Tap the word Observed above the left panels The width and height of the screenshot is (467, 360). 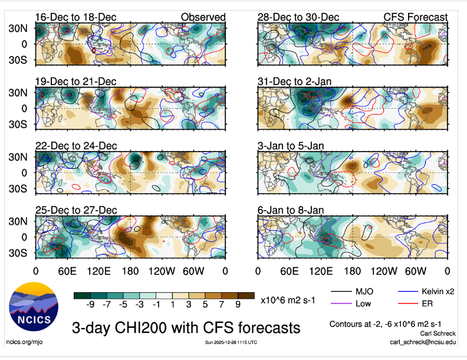(x=203, y=17)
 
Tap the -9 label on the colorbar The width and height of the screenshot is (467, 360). (x=91, y=305)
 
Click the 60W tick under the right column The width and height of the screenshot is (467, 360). (x=416, y=271)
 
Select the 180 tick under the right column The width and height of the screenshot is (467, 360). (x=353, y=271)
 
